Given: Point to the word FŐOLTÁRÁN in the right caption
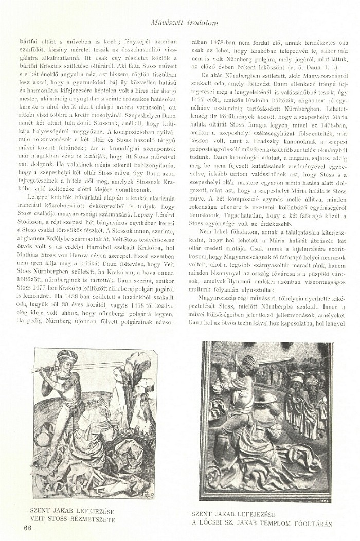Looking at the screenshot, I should pyautogui.click(x=309, y=524).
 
